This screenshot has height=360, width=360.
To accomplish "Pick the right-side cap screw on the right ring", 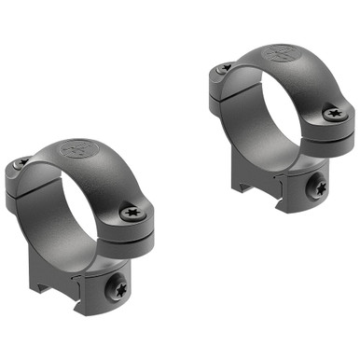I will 334,114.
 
